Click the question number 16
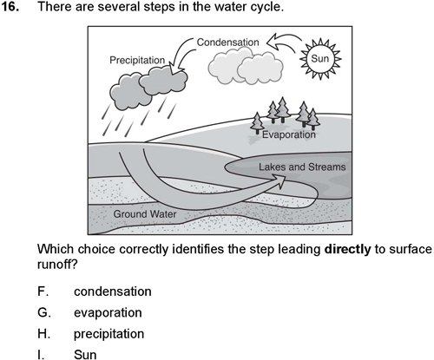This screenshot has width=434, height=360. [x=10, y=7]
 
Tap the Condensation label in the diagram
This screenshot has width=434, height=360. [x=227, y=43]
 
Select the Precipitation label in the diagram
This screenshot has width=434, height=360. [x=137, y=60]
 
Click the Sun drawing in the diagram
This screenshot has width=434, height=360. [x=320, y=59]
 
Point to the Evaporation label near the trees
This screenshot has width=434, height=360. [x=288, y=134]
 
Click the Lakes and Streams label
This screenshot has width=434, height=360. [x=302, y=167]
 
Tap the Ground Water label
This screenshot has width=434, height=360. [x=145, y=214]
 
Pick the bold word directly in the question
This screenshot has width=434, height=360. [x=347, y=249]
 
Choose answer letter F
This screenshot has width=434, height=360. [x=43, y=291]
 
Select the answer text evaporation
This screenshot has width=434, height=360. [x=108, y=313]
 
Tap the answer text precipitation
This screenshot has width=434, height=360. [x=108, y=334]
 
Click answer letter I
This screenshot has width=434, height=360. [x=41, y=355]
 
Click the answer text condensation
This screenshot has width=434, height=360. [x=113, y=291]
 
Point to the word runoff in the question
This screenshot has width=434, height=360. [x=56, y=264]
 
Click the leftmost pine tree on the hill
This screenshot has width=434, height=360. [x=257, y=123]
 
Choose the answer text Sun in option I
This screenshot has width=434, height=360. [x=85, y=355]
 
